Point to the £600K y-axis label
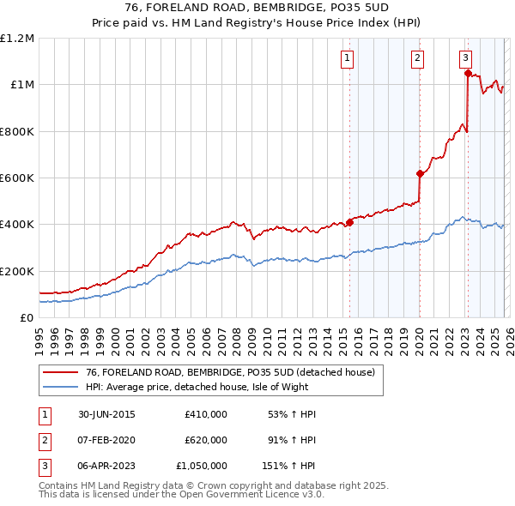tap(17, 178)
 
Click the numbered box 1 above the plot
tap(347, 58)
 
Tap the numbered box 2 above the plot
tap(416, 58)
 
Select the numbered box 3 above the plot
tap(464, 58)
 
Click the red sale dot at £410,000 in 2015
tap(350, 222)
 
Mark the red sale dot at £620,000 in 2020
tap(420, 173)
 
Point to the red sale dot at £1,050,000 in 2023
tap(468, 74)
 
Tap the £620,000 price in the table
tap(205, 440)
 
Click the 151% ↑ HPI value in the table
tap(288, 466)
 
